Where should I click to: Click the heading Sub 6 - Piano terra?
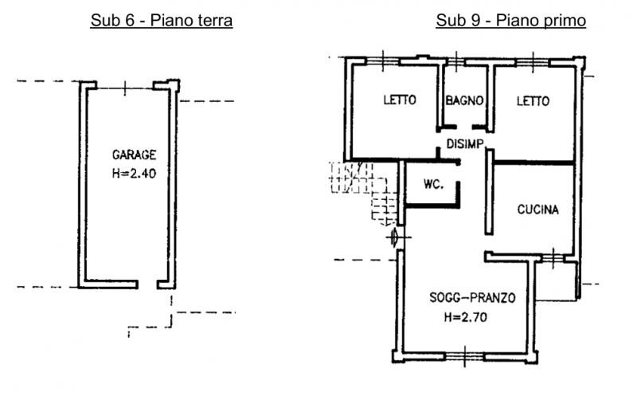(162, 21)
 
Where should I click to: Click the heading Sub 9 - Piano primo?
(510, 21)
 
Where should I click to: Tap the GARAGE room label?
(134, 155)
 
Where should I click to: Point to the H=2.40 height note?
(134, 174)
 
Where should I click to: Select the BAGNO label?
(465, 100)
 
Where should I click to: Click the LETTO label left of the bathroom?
(400, 100)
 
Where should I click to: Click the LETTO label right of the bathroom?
(533, 101)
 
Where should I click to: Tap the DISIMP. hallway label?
(466, 143)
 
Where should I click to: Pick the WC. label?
(433, 184)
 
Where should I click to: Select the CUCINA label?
(538, 210)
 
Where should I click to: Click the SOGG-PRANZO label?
(472, 297)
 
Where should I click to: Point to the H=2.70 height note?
(466, 317)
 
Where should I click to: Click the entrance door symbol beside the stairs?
(396, 237)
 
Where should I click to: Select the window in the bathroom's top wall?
(456, 62)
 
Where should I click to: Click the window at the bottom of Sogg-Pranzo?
(465, 356)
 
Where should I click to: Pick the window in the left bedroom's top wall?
(383, 61)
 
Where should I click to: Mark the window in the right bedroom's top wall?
(533, 62)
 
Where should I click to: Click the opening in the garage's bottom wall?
(148, 284)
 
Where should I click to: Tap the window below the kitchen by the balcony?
(553, 258)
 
